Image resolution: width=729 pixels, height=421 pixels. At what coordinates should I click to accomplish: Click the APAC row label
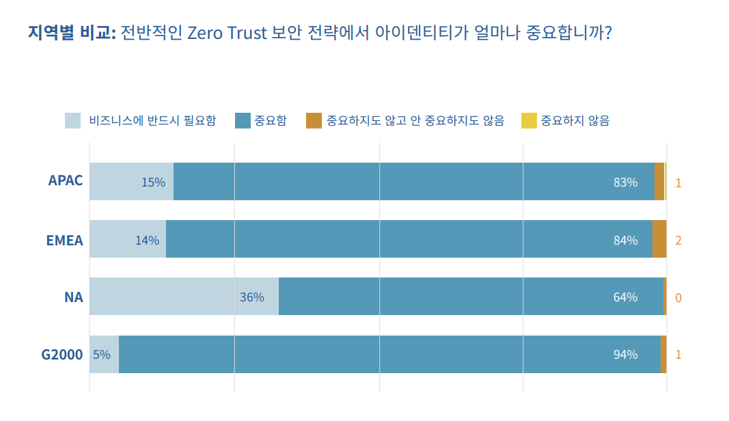(66, 181)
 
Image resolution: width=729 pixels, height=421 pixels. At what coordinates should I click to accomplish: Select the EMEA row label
(64, 240)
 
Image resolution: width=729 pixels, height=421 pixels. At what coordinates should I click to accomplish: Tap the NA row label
(74, 297)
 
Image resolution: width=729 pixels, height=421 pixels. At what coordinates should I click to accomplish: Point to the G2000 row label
(62, 355)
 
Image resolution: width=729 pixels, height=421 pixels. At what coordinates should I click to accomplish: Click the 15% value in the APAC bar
(153, 182)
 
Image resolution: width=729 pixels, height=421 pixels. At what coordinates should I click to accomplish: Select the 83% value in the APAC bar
(625, 182)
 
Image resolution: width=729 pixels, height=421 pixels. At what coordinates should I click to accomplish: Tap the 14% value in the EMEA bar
(147, 240)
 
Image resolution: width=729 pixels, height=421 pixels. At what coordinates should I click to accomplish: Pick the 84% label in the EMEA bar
(625, 240)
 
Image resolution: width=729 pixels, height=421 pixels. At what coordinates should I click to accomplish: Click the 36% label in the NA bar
(251, 297)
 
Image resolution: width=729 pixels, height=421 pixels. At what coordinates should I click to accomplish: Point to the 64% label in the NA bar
(625, 297)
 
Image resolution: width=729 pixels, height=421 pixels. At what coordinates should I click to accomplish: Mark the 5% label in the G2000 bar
(101, 355)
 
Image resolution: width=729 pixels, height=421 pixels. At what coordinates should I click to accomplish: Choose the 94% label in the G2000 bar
(625, 355)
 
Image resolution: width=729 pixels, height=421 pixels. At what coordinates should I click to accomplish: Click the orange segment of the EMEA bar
(659, 239)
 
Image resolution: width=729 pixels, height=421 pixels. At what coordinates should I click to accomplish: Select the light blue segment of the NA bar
(184, 297)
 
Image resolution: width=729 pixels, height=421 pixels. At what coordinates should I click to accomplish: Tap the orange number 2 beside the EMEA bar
(678, 240)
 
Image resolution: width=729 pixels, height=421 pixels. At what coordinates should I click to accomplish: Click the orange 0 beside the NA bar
(678, 297)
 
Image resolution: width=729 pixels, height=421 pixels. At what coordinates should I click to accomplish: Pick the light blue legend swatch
(73, 121)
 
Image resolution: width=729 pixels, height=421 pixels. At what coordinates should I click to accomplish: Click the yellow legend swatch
(529, 121)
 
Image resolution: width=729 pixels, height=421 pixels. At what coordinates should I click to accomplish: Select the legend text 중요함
(271, 121)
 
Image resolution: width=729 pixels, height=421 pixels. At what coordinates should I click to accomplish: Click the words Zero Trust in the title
(226, 33)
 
